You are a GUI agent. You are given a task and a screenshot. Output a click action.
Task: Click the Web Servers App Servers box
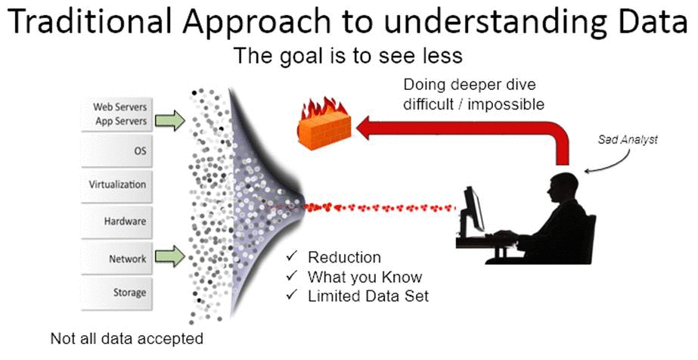116,114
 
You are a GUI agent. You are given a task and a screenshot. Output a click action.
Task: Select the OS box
116,151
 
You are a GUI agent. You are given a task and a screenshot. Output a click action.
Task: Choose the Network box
116,258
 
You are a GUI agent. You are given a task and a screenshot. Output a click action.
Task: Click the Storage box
116,293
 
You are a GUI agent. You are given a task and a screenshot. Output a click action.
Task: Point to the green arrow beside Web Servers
169,120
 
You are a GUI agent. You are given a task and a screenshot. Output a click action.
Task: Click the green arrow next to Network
169,256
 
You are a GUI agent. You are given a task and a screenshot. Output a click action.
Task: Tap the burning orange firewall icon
324,123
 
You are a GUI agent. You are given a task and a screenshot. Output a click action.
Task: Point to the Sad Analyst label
628,140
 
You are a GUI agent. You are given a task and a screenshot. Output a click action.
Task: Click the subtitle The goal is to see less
348,56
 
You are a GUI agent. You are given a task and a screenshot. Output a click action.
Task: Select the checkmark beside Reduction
292,256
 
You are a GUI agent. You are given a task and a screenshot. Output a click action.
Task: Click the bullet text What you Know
365,277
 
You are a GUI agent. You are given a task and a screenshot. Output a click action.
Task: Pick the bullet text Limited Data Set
368,296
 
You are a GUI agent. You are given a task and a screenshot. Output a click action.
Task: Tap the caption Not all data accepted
127,338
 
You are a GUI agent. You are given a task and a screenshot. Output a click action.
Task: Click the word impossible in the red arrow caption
506,104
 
